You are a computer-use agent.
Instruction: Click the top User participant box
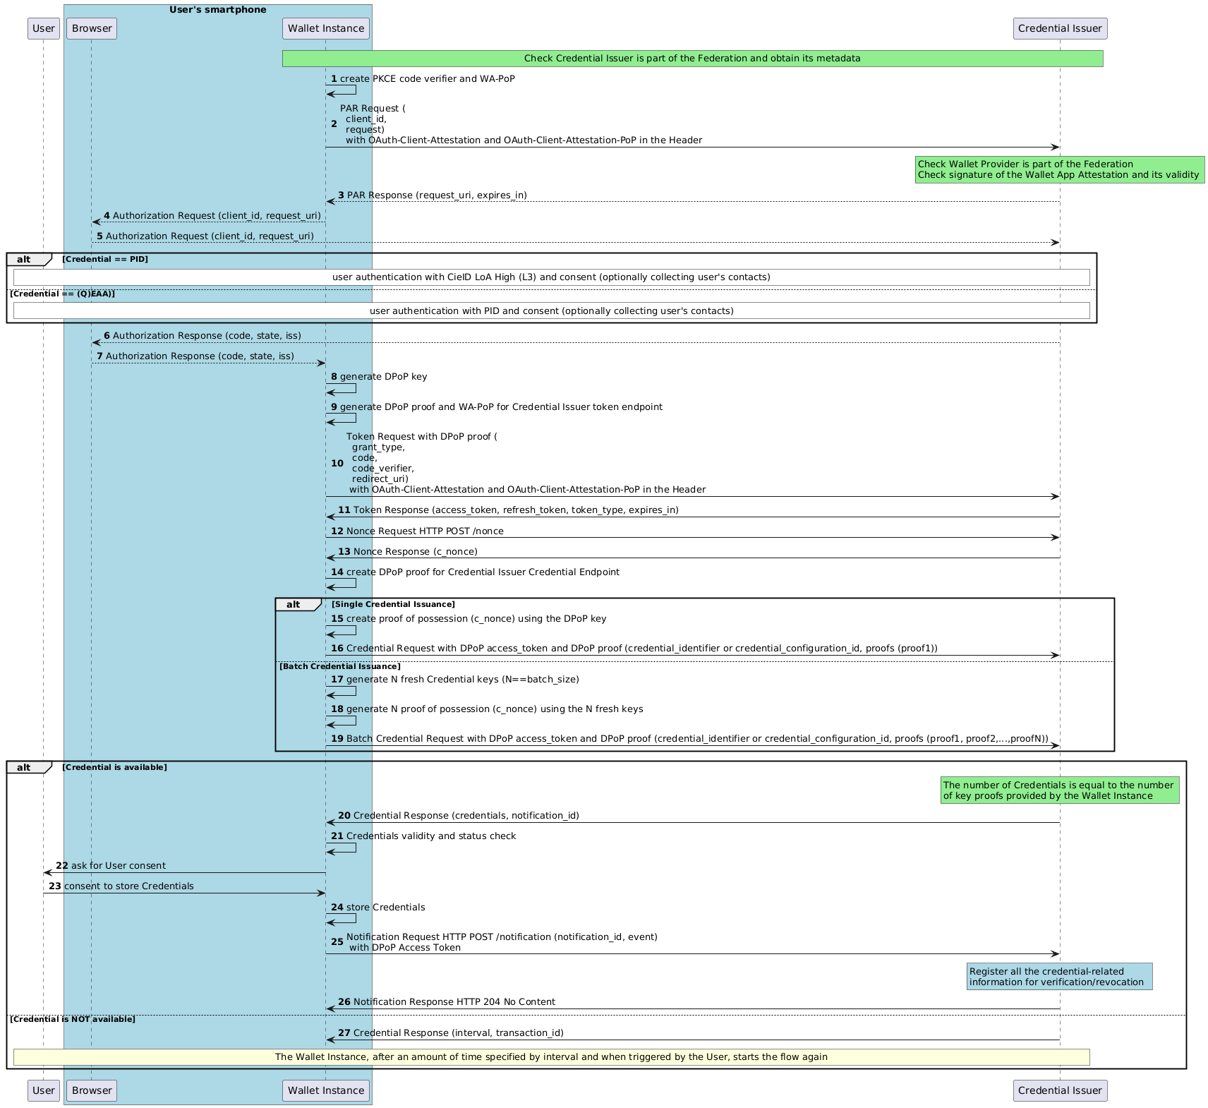[x=44, y=29]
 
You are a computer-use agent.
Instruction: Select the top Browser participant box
[x=92, y=29]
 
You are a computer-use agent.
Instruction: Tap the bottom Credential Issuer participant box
[x=1060, y=1090]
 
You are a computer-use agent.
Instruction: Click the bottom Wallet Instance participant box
[x=326, y=1090]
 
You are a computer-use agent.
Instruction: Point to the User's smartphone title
[x=217, y=10]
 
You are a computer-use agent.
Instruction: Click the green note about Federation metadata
[x=692, y=59]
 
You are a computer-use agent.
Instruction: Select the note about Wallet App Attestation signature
[x=1058, y=170]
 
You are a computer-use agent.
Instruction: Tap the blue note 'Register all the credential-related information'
[x=1059, y=977]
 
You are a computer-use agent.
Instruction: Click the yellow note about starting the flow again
[x=551, y=1057]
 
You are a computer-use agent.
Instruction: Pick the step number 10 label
[x=337, y=464]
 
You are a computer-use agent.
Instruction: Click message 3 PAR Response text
[x=436, y=195]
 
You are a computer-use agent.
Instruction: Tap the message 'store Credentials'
[x=385, y=908]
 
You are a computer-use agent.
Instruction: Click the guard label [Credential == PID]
[x=105, y=260]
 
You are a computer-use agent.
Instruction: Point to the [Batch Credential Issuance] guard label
[x=340, y=667]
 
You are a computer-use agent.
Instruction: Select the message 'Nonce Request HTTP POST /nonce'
[x=425, y=531]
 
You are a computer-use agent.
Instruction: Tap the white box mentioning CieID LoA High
[x=551, y=277]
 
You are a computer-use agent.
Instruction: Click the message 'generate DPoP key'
[x=383, y=377]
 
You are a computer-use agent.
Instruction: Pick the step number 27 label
[x=344, y=1033]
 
